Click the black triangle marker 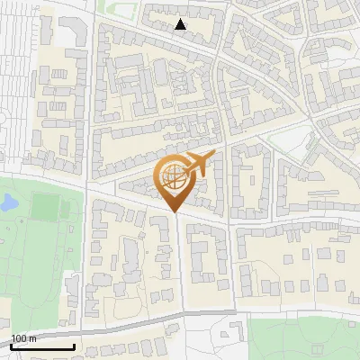[181, 25]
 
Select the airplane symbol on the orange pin [198, 164]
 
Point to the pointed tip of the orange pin [174, 211]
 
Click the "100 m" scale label [22, 337]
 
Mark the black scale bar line [42, 346]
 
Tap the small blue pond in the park [8, 203]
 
